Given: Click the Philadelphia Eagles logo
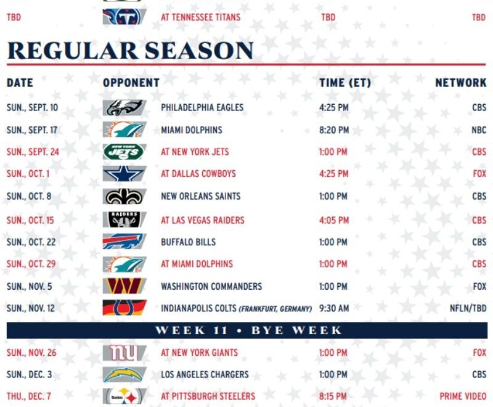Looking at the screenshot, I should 124,108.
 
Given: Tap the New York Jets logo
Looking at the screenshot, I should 124,152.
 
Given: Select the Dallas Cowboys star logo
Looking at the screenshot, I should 124,174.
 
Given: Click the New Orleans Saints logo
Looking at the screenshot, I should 124,197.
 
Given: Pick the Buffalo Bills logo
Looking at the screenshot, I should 124,242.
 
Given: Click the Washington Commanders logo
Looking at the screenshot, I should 124,286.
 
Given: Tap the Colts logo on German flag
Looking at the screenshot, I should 124,308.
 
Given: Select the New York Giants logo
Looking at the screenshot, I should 124,353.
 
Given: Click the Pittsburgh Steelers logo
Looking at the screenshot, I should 124,396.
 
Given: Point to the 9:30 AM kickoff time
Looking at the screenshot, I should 334,308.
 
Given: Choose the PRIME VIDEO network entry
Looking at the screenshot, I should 463,396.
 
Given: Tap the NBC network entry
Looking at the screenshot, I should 479,130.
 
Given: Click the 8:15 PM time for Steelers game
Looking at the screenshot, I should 334,396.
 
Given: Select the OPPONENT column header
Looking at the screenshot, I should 131,83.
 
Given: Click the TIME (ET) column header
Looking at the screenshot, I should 345,83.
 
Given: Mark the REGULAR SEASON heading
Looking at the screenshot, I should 130,51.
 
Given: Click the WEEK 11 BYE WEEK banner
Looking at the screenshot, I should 246,330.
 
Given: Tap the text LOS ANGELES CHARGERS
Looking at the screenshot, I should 205,374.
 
